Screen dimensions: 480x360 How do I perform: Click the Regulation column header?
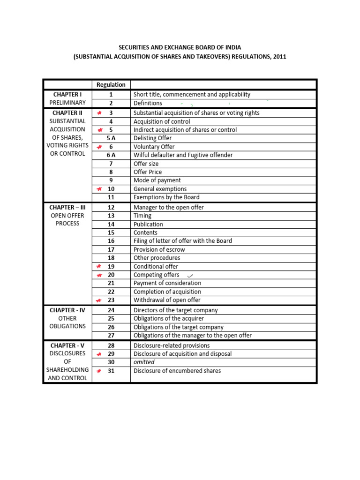[111, 85]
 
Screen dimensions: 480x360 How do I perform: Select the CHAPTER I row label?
[68, 94]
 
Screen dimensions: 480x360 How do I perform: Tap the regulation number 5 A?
[111, 138]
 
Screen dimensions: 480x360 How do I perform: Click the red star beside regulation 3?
[99, 113]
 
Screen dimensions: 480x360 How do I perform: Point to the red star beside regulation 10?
[99, 189]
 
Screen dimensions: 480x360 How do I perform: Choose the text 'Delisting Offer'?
[152, 138]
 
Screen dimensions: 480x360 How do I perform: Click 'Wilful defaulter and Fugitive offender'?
[183, 155]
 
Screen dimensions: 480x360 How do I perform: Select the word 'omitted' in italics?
[144, 362]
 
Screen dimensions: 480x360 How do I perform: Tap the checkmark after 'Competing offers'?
[189, 275]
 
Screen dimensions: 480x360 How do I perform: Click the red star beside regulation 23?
[99, 300]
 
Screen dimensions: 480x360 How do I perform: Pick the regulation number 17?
[111, 250]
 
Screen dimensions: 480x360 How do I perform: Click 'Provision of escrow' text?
[159, 250]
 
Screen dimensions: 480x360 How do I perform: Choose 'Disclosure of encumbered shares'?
[177, 371]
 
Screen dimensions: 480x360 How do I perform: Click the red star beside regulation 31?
[99, 371]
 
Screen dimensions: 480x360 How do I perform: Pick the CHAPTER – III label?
[68, 207]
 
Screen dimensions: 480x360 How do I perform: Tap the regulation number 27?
[111, 336]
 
